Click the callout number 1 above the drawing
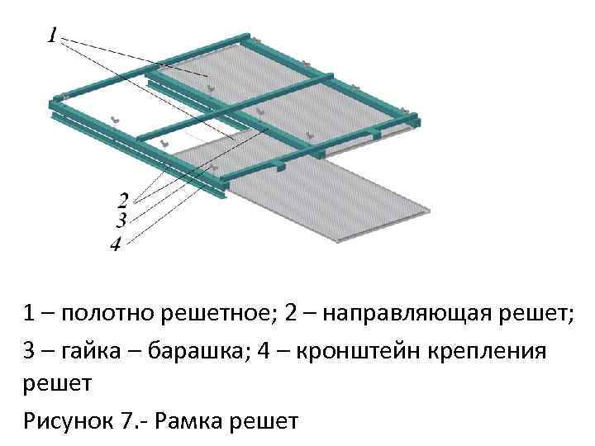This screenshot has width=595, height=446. (x=53, y=36)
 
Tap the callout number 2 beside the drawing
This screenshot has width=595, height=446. (x=124, y=200)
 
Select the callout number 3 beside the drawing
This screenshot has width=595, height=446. (x=121, y=221)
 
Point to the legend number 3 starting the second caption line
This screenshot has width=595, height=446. (x=30, y=350)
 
